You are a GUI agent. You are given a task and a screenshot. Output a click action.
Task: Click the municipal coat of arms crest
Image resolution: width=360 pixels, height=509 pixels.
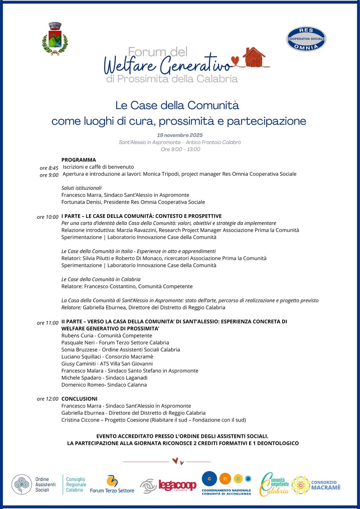click(x=55, y=38)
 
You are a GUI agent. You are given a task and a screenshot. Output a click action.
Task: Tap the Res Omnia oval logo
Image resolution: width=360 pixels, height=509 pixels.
click(x=306, y=39)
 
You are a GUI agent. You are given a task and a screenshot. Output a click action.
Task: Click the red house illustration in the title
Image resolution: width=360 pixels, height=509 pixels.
click(x=254, y=57)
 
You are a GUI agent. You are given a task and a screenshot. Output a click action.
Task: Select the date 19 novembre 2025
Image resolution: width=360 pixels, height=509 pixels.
click(x=180, y=135)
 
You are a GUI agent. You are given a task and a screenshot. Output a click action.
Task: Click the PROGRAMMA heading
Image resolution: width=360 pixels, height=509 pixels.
click(x=79, y=160)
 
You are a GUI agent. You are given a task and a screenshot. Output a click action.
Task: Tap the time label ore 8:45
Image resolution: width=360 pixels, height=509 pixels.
click(x=49, y=168)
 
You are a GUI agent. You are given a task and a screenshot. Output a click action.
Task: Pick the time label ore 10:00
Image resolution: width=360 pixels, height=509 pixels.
click(x=48, y=217)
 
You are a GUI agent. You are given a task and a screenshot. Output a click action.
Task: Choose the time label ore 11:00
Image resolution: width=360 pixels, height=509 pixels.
click(x=48, y=323)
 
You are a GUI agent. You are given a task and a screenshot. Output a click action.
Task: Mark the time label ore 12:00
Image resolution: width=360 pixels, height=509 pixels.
click(x=48, y=399)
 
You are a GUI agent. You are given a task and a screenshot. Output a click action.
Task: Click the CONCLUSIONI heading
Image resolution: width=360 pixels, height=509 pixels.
click(x=79, y=398)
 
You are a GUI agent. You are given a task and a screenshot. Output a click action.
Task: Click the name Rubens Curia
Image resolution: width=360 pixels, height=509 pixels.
click(x=78, y=336)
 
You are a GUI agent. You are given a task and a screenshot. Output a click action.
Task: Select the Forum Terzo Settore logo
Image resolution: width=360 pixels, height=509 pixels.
click(x=112, y=484)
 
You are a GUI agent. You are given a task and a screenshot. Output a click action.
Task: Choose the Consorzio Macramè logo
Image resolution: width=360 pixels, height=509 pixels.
click(x=316, y=485)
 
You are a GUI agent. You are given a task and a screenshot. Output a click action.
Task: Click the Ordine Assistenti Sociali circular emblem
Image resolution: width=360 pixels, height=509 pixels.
click(x=21, y=484)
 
